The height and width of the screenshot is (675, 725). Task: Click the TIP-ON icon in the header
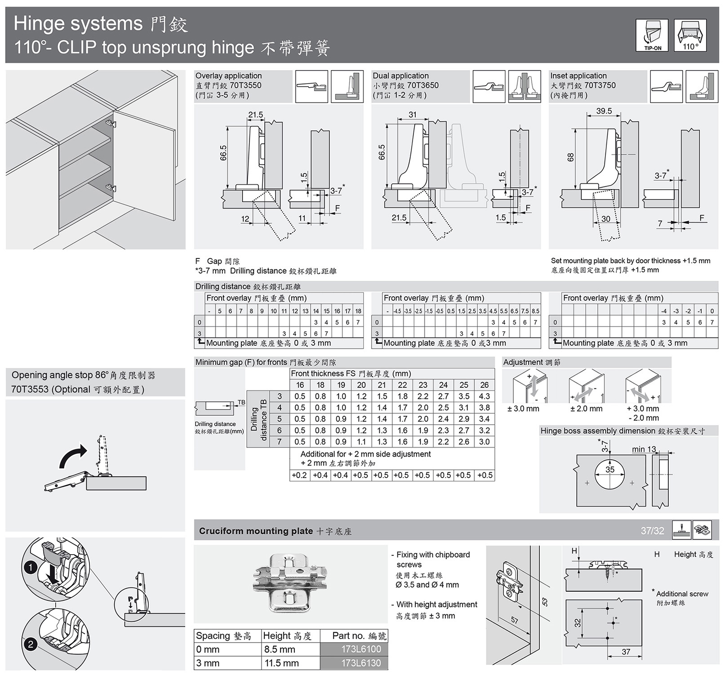click(652, 35)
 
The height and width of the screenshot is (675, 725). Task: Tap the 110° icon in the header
click(690, 35)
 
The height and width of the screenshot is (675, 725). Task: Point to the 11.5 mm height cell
click(281, 663)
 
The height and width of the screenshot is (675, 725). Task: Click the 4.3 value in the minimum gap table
click(484, 396)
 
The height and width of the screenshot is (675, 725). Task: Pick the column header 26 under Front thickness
click(484, 385)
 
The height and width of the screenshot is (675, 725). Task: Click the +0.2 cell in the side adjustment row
click(299, 475)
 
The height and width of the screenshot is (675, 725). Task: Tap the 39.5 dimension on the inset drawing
click(604, 111)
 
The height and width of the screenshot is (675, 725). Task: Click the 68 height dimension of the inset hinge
click(570, 157)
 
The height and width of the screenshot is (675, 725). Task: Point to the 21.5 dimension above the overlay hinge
click(255, 115)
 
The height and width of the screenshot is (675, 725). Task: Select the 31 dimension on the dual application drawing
click(413, 115)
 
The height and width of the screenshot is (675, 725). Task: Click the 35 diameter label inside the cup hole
click(609, 470)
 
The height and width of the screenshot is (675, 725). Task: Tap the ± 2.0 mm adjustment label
click(586, 409)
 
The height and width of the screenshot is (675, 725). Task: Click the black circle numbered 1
click(31, 568)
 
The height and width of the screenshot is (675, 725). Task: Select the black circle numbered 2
click(31, 644)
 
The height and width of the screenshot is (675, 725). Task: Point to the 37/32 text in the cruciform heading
click(652, 531)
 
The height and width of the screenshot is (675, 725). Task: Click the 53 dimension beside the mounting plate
click(545, 602)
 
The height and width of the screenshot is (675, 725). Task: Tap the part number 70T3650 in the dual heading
click(423, 85)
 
